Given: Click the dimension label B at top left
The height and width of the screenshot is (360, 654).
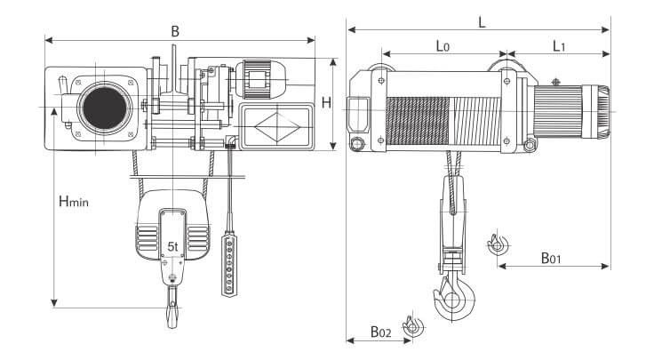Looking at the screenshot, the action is (175, 31).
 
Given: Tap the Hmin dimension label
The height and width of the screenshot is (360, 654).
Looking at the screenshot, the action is (74, 201).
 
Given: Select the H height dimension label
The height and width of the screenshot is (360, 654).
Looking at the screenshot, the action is (326, 102).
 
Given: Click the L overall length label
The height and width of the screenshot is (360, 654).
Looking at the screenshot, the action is (482, 21).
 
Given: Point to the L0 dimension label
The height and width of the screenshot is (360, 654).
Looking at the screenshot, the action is (443, 46).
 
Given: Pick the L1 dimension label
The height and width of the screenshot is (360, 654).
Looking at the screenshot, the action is (559, 46).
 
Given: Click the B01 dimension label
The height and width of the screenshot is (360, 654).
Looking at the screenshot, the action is (551, 258).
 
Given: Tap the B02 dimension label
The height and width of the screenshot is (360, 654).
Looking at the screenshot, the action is (381, 332).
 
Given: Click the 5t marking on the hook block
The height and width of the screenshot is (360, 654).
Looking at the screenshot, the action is (172, 246).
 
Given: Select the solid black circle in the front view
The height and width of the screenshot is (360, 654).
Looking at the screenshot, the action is (105, 108).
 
